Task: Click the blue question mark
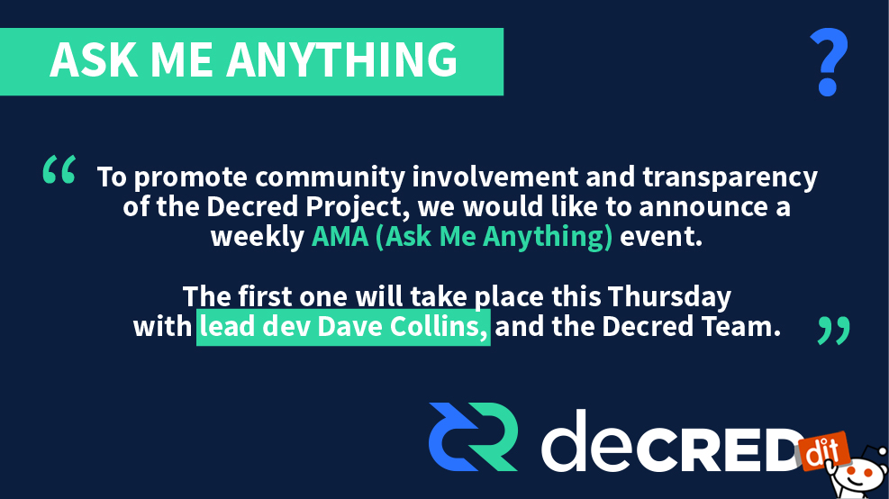pos(829,62)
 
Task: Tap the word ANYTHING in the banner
pos(342,59)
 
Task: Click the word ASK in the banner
pos(94,59)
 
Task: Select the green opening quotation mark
pos(59,169)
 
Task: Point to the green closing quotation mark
pos(834,331)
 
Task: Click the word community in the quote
pos(330,177)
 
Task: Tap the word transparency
pos(730,177)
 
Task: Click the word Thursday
pos(669,296)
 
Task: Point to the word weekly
pos(258,237)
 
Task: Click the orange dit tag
pos(823,450)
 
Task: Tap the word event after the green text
pos(660,237)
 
